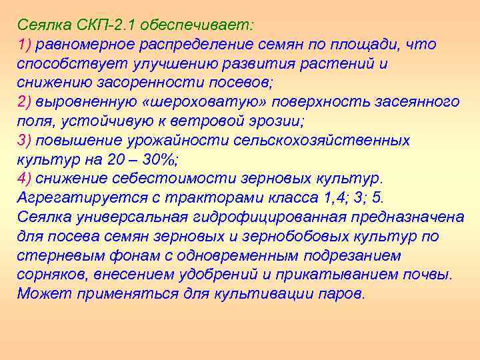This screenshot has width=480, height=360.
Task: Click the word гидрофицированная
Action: click(x=261, y=217)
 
